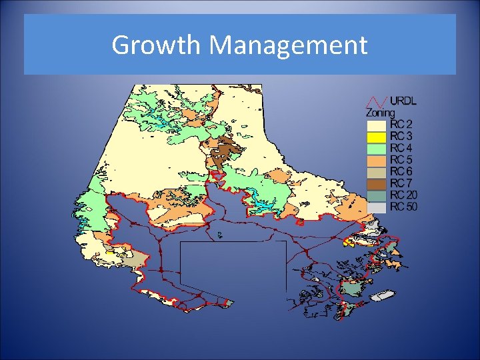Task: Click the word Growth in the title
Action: (x=157, y=45)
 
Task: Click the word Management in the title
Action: (x=287, y=45)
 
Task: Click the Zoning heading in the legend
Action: (x=379, y=113)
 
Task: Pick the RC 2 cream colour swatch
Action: (x=377, y=125)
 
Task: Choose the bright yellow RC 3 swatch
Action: (x=377, y=136)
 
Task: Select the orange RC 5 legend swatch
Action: (x=377, y=160)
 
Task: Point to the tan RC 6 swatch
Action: (x=377, y=172)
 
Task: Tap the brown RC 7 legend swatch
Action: (x=377, y=183)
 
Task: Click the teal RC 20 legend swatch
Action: (x=377, y=195)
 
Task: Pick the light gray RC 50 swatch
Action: (x=377, y=207)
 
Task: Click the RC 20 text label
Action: (x=404, y=195)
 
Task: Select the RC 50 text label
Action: (x=404, y=207)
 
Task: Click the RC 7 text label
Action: (x=401, y=183)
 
